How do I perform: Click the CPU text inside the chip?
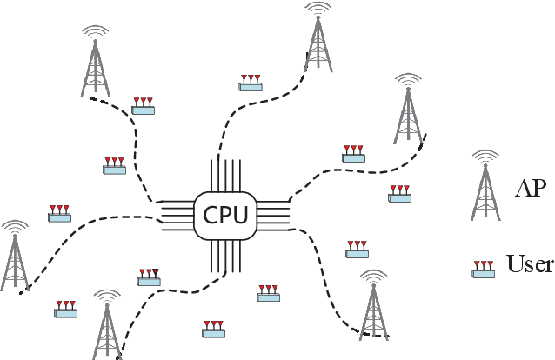(225, 215)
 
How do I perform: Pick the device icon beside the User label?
(484, 269)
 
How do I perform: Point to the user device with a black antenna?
(149, 277)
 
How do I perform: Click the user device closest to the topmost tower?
(251, 83)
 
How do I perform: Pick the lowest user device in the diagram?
(214, 329)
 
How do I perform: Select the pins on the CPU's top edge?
(224, 174)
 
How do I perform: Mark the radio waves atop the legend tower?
(485, 156)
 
